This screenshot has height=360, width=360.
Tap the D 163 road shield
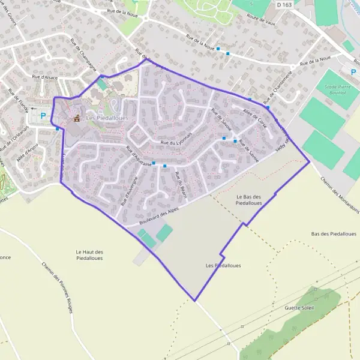285,4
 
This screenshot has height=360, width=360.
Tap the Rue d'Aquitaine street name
139,159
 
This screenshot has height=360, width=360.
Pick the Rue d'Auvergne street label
131,191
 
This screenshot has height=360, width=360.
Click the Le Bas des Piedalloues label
250,200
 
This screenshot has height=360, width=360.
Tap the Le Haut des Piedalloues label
89,255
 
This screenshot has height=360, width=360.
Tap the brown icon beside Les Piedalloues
76,118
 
